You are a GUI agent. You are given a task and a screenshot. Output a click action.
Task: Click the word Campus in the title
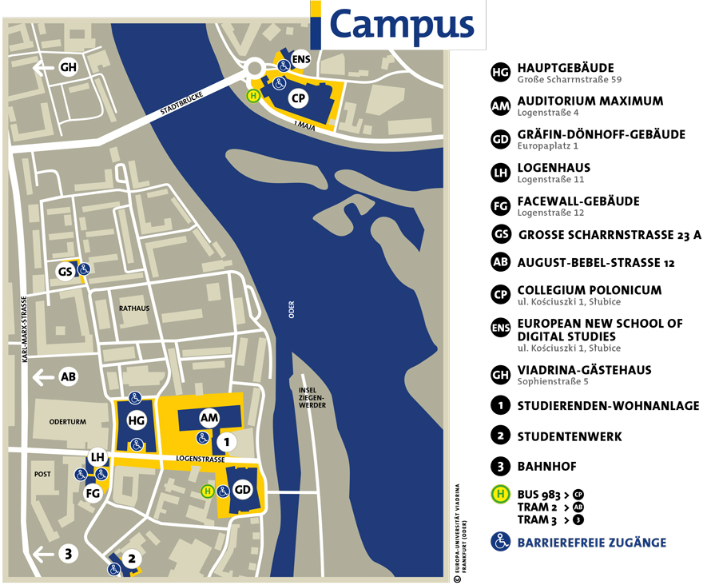pos(401,24)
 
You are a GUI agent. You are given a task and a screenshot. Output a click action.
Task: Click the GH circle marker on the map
pos(68,68)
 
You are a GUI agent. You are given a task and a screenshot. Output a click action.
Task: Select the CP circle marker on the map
pos(298,98)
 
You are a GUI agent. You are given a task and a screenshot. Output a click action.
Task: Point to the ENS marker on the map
pos(300,59)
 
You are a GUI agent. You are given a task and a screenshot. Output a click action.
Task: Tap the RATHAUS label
pos(133,308)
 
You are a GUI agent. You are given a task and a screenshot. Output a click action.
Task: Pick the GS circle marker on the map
pos(66,272)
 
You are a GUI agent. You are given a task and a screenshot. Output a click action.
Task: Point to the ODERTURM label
pos(67,422)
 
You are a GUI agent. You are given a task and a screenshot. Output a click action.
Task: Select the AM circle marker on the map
pos(209,418)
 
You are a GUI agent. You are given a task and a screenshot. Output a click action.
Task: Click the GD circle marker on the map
pos(243,490)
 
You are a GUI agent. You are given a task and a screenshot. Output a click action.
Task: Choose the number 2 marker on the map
pos(133,559)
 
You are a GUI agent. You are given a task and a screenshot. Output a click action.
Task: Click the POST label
pos(42,474)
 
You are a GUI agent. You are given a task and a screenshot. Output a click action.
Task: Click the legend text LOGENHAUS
pos(554,168)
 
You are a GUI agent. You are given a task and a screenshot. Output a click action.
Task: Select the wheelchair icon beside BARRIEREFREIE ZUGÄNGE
pos(501,542)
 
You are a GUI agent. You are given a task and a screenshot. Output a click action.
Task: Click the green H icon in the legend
pos(501,494)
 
